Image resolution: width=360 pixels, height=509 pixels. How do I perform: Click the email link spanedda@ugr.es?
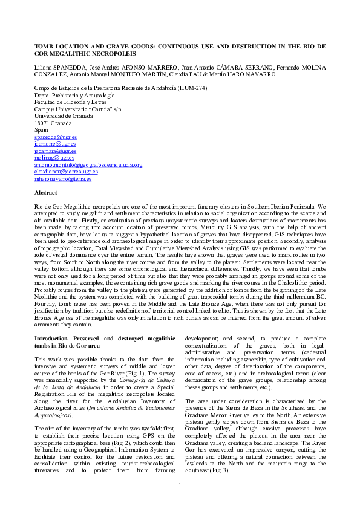pos(51,137)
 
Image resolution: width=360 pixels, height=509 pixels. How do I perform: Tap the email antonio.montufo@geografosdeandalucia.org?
pos(88,164)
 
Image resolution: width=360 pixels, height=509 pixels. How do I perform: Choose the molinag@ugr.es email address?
pos(50,158)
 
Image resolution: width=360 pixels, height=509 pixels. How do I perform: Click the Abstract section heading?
pos(46,192)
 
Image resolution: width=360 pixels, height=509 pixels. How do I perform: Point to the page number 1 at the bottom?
pos(180,485)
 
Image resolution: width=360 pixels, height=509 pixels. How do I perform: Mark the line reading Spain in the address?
pos(41,130)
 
